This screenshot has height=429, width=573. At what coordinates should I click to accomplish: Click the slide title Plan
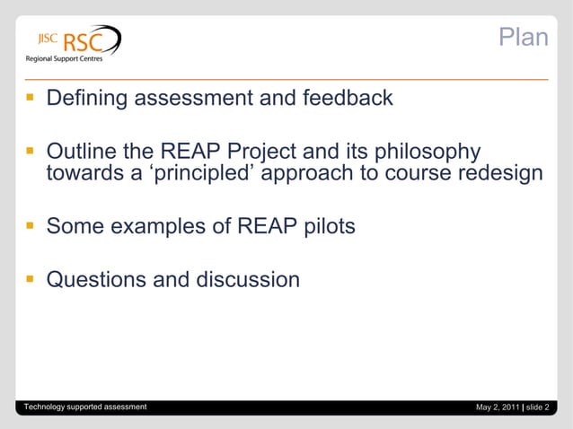523,38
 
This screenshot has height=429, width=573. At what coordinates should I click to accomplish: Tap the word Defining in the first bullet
87,98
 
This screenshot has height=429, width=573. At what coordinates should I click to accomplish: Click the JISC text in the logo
47,39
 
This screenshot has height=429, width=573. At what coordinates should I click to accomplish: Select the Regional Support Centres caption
63,60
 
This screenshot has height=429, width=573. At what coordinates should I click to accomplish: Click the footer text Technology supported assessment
85,407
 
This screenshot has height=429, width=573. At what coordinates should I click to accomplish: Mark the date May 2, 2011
498,408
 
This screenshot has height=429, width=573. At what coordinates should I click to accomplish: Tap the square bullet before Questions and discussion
31,280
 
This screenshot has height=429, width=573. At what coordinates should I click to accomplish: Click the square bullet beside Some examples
31,227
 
